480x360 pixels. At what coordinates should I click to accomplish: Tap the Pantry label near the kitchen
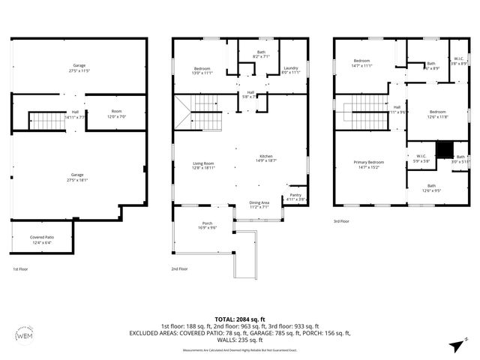(x=295, y=197)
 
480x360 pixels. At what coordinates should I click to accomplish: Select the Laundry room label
(x=291, y=70)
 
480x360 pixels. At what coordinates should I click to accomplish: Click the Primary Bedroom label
(x=369, y=164)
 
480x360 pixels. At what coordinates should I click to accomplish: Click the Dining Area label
(x=259, y=203)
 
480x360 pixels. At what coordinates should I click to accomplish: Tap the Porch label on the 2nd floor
(x=207, y=226)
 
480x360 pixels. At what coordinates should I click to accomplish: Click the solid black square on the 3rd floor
(x=444, y=148)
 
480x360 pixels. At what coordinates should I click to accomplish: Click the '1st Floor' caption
(x=21, y=268)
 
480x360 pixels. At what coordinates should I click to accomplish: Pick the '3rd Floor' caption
(x=342, y=221)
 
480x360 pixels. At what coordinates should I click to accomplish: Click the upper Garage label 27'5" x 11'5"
(x=79, y=68)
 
